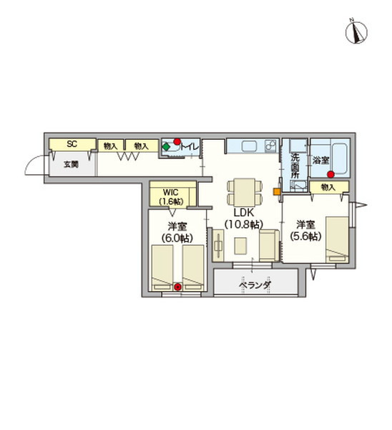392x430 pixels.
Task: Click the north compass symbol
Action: [x=356, y=32]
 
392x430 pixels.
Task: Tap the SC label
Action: [x=72, y=144]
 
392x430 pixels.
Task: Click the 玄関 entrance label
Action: [x=71, y=164]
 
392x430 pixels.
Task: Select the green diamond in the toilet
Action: [x=166, y=147]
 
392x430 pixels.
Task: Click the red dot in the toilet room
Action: [x=177, y=141]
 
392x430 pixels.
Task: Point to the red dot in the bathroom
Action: [x=331, y=174]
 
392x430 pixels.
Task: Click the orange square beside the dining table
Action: [x=277, y=191]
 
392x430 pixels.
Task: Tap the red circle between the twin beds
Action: [x=178, y=287]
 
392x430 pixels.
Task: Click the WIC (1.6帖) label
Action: [x=171, y=196]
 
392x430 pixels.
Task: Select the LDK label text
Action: [x=244, y=213]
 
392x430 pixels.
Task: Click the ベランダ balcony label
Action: [x=255, y=285]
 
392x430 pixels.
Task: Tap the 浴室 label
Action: [x=320, y=161]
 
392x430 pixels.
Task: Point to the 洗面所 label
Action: [x=295, y=166]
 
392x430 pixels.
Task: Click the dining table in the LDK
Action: [x=245, y=192]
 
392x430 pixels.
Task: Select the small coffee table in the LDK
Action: [x=240, y=246]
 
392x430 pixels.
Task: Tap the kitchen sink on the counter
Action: [x=249, y=146]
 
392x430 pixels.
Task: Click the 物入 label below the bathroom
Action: [x=328, y=187]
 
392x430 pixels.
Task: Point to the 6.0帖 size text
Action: [x=177, y=238]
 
